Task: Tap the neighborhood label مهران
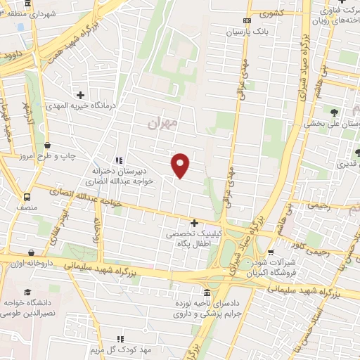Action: (164, 124)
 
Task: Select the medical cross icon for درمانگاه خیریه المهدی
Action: (81, 95)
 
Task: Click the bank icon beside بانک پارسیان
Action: (246, 21)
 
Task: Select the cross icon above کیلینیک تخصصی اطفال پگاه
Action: (195, 224)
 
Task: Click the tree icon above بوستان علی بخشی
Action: (334, 112)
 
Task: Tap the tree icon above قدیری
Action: (358, 153)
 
